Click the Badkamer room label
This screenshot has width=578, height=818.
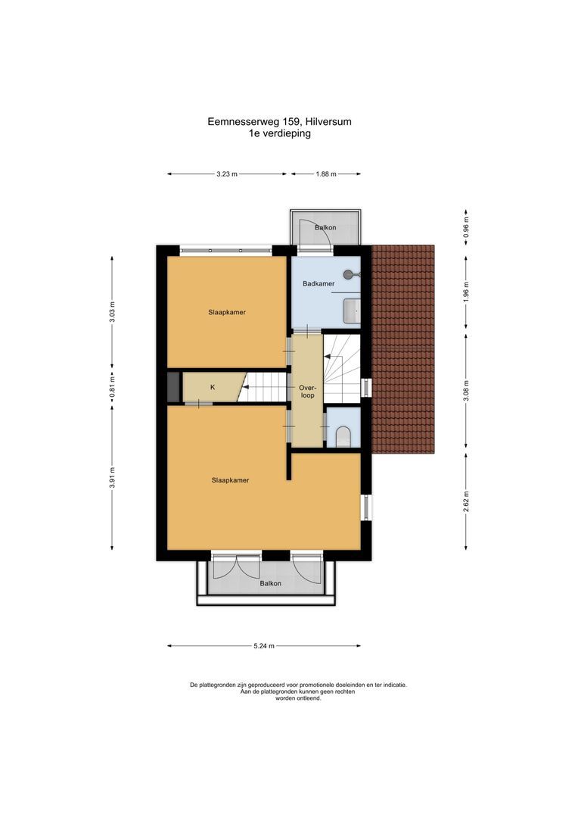(319, 284)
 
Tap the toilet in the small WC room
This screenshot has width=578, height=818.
(342, 436)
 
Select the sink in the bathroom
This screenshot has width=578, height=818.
(352, 309)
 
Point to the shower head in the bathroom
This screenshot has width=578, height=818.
(349, 274)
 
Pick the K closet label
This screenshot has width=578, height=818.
(213, 387)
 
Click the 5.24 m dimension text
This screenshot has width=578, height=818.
(263, 646)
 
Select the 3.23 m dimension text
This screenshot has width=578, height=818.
(227, 174)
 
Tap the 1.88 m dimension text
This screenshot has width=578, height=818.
(325, 174)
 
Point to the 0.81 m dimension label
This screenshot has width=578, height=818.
(112, 389)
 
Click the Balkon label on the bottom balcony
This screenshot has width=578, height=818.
(270, 583)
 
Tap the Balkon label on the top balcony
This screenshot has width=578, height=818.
(326, 227)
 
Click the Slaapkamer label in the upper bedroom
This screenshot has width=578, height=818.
(227, 311)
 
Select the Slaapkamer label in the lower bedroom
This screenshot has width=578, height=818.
(231, 479)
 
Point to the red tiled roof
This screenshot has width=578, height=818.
(405, 348)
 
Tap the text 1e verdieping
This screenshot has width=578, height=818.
(279, 133)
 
